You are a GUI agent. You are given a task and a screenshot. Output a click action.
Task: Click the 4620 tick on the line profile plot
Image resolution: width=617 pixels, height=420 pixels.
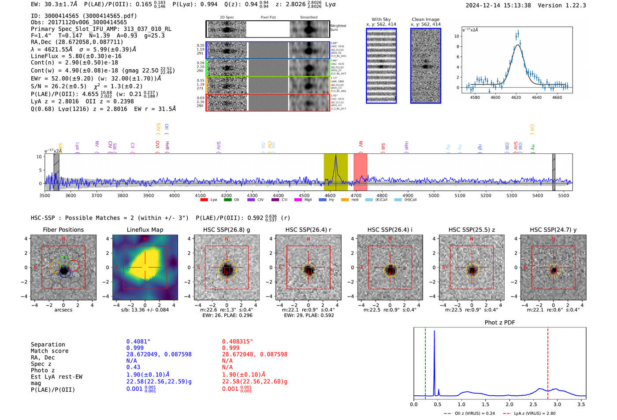tap(516, 97)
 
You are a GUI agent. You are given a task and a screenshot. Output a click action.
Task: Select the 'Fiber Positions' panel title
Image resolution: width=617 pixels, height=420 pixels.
tap(63, 230)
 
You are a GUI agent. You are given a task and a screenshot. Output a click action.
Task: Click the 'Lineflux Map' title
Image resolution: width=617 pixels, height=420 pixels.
tap(145, 230)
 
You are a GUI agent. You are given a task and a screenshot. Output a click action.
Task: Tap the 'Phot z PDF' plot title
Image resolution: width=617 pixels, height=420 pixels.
tap(499, 323)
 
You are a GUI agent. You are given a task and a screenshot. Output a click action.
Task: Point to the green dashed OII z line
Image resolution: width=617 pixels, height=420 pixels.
tap(425, 361)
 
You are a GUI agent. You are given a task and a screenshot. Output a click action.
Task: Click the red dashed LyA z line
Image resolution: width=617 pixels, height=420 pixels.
tap(548, 361)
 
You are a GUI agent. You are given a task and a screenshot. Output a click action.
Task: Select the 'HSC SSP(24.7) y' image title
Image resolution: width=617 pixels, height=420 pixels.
tap(553, 230)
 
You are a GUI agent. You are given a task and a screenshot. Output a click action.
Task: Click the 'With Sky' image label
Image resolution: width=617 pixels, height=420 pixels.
tap(381, 19)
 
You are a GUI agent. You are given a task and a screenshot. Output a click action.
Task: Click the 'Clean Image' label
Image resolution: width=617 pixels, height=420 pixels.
tap(425, 19)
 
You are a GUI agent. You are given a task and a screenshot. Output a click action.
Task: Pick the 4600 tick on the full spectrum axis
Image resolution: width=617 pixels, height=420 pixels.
tap(330, 195)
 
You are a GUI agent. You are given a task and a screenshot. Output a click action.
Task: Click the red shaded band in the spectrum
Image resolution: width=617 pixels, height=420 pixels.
tap(360, 172)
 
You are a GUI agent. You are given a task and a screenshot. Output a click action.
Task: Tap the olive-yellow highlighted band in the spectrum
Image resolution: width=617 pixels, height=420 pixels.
tap(335, 172)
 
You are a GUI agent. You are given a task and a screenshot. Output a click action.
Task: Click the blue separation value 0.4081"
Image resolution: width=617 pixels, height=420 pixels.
tap(138, 342)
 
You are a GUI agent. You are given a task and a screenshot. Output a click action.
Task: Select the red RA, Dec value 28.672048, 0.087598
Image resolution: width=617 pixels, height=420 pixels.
tap(254, 354)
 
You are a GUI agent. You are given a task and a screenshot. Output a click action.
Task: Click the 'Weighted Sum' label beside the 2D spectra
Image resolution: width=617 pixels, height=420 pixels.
tap(338, 28)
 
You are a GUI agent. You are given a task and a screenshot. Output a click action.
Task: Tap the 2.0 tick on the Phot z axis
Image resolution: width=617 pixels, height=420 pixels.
tap(509, 404)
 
